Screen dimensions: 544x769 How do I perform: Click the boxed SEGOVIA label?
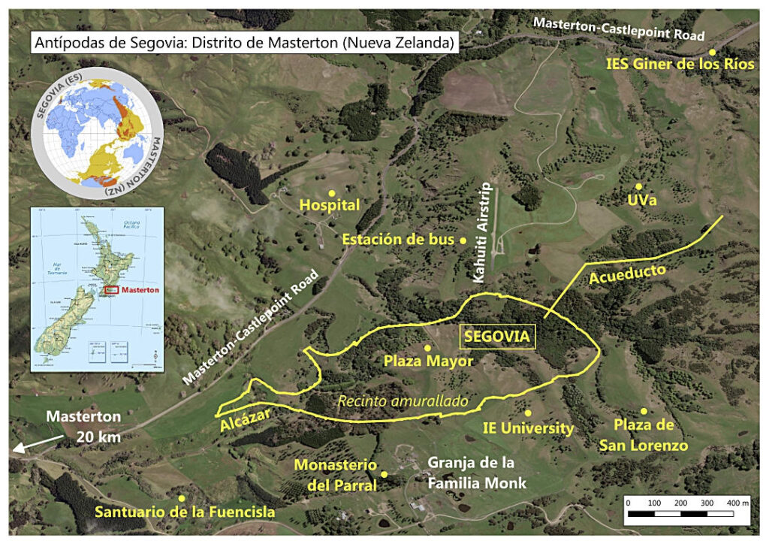tap(497, 337)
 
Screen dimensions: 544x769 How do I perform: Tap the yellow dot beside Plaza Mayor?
tap(427, 348)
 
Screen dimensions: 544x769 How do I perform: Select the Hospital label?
tap(330, 205)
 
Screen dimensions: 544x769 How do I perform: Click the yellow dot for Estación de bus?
tap(463, 240)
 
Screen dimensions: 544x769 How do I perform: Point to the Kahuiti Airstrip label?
tap(481, 232)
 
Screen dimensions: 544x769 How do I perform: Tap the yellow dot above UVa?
tap(638, 186)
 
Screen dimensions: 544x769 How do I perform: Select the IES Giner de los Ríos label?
tap(680, 64)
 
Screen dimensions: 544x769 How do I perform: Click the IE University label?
tap(528, 429)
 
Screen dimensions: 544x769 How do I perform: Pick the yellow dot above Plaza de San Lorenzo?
tap(644, 411)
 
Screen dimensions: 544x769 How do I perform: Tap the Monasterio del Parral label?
tap(335, 476)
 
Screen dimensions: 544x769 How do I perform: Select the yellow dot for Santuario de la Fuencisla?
tap(181, 497)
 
